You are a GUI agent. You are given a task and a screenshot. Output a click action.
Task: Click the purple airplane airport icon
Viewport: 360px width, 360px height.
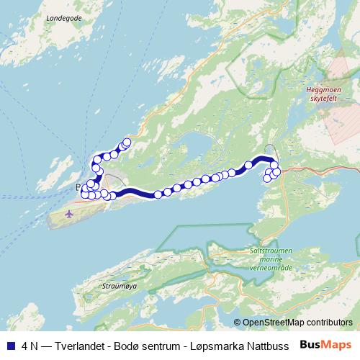pyautogui.click(x=69, y=214)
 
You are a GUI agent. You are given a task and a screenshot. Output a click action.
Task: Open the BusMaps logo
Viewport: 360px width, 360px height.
pyautogui.click(x=325, y=344)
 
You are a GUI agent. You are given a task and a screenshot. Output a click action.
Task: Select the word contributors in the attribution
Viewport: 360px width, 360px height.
pyautogui.click(x=330, y=323)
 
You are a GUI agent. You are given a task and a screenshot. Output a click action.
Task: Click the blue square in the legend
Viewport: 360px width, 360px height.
pyautogui.click(x=10, y=345)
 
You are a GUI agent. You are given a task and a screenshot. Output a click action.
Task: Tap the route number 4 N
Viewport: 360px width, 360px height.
pyautogui.click(x=30, y=345)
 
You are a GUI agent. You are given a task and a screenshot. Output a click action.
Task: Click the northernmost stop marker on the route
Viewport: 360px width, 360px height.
pyautogui.click(x=127, y=142)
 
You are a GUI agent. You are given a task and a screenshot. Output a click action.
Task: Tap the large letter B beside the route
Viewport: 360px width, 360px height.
pyautogui.click(x=78, y=186)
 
